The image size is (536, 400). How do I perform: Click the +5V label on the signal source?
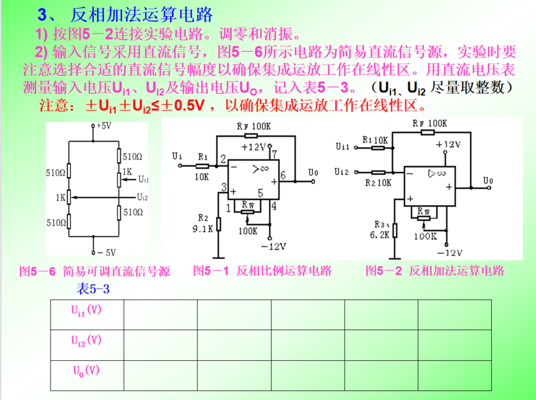pos(104,125)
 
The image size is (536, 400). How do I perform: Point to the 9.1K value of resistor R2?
pos(203,228)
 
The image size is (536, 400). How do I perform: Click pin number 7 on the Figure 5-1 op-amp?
pos(274,153)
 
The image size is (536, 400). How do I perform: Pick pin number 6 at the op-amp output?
pos(282,176)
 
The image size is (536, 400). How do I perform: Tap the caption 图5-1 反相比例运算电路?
pos(262,271)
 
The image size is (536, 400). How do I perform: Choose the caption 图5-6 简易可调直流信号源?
pos(95,272)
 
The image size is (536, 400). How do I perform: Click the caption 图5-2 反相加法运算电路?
pos(435,271)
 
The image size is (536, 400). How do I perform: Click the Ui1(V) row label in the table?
pos(85,310)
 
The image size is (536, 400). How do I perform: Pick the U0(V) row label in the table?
pos(85,370)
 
